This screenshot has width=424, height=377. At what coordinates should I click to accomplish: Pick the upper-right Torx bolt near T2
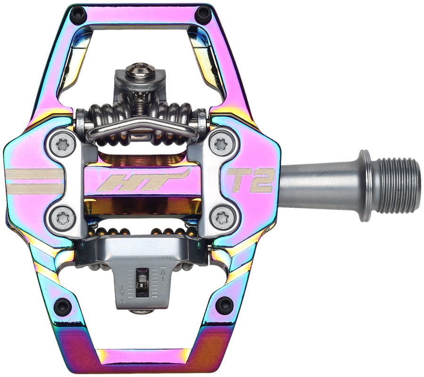[220, 145]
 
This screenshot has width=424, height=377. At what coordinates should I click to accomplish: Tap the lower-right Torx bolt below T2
[220, 217]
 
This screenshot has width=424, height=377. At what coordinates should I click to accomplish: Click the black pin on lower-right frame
[225, 305]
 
